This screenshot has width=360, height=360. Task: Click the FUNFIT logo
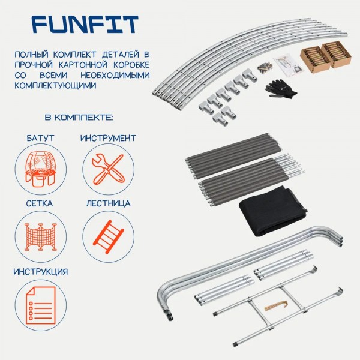[85, 25]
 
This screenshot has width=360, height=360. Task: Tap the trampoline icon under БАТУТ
[41, 169]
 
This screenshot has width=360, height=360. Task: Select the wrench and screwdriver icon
[108, 169]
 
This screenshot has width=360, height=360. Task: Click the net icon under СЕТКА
[41, 237]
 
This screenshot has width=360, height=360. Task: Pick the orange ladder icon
[109, 237]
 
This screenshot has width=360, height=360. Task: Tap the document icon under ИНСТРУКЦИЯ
[41, 305]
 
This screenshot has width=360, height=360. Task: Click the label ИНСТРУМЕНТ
[108, 138]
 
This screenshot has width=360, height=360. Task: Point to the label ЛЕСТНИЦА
[109, 203]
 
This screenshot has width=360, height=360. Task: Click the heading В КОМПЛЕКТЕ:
[79, 118]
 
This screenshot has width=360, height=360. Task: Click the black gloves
[281, 89]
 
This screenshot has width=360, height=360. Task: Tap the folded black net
[273, 211]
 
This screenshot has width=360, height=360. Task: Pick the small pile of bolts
[265, 67]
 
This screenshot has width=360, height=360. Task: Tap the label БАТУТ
[40, 138]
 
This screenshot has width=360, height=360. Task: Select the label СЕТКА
[40, 203]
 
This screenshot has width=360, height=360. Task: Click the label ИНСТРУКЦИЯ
[41, 272]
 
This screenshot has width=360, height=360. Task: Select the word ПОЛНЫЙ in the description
[32, 55]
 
